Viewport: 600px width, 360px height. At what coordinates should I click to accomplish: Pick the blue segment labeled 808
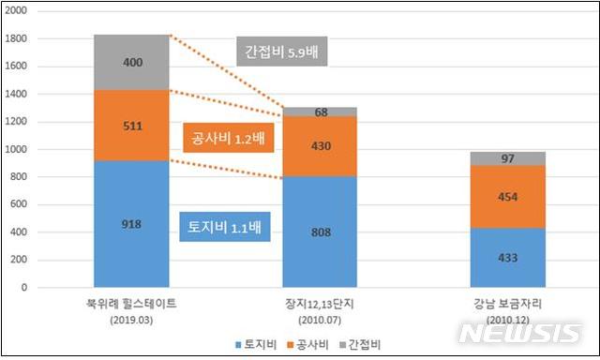321,232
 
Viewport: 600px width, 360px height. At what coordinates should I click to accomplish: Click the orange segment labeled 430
321,146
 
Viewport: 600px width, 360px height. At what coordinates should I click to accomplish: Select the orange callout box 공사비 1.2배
229,139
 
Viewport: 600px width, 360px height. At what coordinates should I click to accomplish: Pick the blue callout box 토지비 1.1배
221,225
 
